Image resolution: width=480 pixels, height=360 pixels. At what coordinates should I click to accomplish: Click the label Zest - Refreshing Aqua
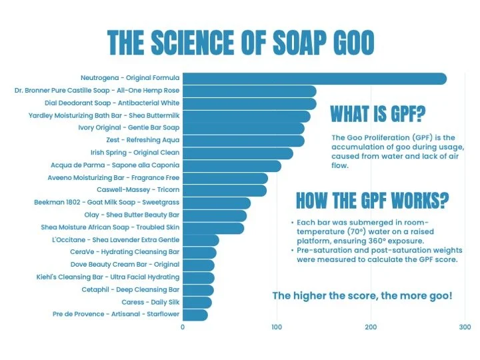[142, 141]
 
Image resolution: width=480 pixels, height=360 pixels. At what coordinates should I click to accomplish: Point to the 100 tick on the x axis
[277, 327]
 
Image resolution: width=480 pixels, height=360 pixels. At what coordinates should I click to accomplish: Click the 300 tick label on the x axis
[465, 327]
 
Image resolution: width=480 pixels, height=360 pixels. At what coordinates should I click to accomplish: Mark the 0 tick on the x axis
[183, 327]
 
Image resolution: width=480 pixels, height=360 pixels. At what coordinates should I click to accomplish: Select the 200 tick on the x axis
[371, 327]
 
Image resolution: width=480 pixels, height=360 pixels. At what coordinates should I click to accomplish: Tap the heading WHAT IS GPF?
[377, 114]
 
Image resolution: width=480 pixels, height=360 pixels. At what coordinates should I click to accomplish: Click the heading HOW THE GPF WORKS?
[372, 200]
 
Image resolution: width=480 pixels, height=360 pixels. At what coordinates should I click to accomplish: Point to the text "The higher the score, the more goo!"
[362, 295]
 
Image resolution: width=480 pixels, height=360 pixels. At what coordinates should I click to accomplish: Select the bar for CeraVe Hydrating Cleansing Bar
[199, 253]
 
